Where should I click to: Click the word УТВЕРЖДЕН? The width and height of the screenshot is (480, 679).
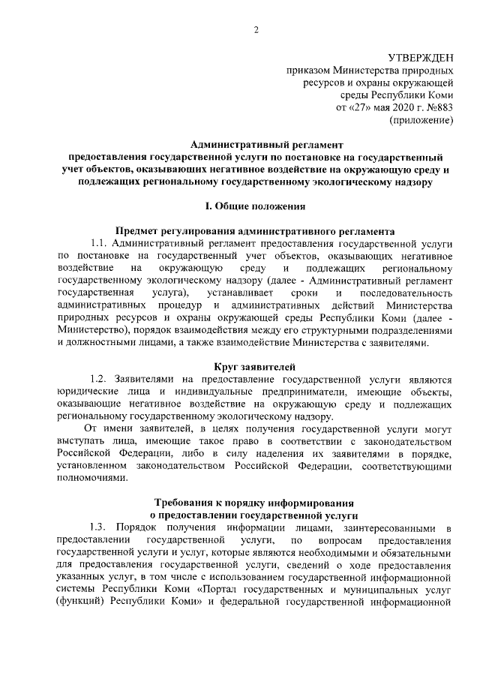[x=419, y=58]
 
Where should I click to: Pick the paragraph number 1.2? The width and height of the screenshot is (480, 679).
[x=101, y=380]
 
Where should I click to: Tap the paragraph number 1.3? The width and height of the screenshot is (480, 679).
[x=101, y=530]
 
